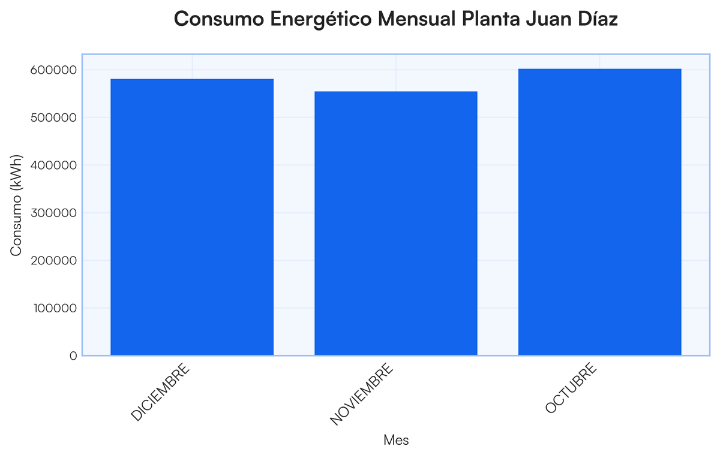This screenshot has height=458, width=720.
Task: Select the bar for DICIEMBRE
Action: (x=192, y=217)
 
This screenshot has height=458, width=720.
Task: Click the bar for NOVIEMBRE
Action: (x=396, y=224)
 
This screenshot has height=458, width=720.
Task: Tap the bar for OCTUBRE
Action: (x=599, y=212)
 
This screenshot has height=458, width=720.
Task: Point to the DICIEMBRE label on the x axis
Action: (x=160, y=392)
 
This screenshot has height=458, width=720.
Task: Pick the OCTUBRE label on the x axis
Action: (x=571, y=388)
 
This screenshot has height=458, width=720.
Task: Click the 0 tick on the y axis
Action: (x=73, y=356)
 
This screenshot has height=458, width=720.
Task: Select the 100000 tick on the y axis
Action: (x=53, y=309)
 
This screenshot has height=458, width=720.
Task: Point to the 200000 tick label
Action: (x=53, y=261)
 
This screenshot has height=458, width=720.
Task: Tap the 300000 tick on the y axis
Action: (x=53, y=213)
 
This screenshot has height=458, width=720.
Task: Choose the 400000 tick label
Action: (x=53, y=165)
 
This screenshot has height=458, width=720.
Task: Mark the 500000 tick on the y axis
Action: (x=53, y=117)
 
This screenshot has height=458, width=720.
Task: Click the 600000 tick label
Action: (x=53, y=70)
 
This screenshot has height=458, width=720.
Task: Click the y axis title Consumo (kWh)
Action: (x=16, y=205)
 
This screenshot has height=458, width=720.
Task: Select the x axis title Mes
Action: (x=396, y=441)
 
